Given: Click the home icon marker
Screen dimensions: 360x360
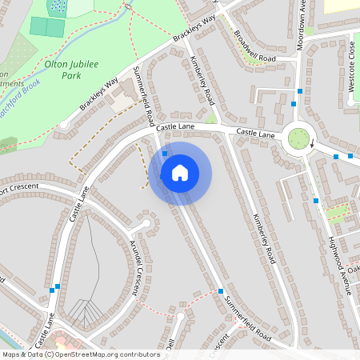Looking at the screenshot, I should tap(179, 172).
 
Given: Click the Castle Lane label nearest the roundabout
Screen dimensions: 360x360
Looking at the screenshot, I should tap(255, 134).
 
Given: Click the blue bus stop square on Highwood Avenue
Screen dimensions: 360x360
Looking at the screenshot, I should tap(316, 200).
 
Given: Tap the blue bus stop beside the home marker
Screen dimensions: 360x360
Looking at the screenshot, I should tap(165, 153).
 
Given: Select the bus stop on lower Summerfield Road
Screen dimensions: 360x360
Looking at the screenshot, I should tap(220, 291).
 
